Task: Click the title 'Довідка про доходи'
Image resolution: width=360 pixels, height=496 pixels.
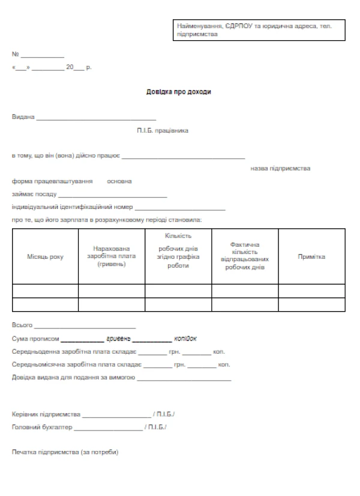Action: click(x=179, y=92)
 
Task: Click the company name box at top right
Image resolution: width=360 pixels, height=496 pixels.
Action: click(x=259, y=30)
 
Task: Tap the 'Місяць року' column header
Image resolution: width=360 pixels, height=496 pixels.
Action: click(x=45, y=257)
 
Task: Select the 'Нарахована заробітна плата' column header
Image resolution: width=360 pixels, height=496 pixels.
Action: click(x=112, y=256)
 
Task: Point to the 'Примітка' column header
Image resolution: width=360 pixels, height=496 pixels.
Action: click(x=311, y=257)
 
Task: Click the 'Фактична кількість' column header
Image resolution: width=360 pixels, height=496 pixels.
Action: click(x=244, y=256)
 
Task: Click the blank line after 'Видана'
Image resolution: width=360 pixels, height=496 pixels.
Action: click(x=96, y=118)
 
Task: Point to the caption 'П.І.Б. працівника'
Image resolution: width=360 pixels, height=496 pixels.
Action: click(x=163, y=130)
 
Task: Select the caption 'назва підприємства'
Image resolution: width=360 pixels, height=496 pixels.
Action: click(x=280, y=169)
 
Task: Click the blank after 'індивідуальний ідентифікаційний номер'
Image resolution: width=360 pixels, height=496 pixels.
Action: click(x=180, y=208)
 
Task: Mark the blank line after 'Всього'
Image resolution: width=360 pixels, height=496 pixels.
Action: click(x=85, y=327)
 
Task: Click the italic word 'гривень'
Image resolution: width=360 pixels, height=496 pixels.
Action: click(x=119, y=339)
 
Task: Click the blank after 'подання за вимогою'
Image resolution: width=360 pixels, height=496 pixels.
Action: click(x=184, y=379)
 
